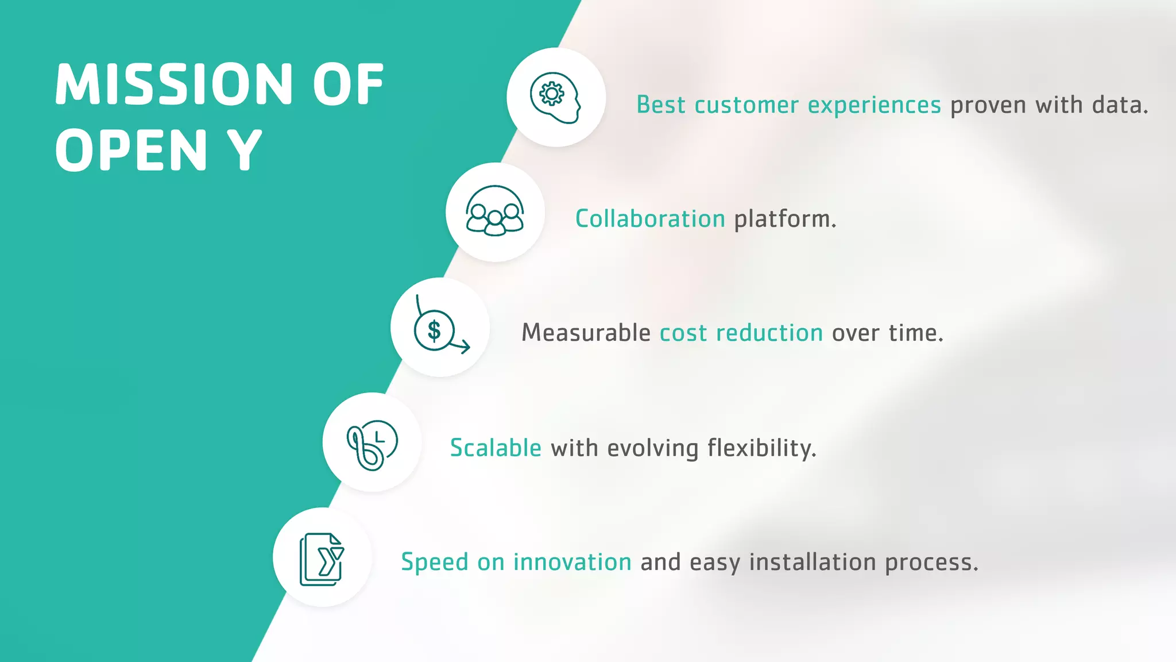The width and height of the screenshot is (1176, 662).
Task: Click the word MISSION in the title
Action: click(174, 84)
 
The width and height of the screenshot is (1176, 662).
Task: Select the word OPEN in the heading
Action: click(131, 151)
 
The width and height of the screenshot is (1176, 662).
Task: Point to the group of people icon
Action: click(494, 211)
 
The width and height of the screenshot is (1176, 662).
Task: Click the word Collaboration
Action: click(650, 219)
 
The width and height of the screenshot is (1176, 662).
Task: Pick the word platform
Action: click(784, 219)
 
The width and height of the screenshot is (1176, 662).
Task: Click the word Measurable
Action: click(585, 333)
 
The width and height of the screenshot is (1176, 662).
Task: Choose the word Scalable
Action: click(496, 448)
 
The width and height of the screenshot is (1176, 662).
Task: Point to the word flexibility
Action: click(761, 448)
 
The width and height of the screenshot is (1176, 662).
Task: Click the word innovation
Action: click(572, 562)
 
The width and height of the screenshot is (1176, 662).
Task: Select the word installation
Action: click(812, 562)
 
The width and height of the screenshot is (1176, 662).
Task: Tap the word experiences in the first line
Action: click(874, 105)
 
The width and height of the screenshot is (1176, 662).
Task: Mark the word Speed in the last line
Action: click(434, 562)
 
